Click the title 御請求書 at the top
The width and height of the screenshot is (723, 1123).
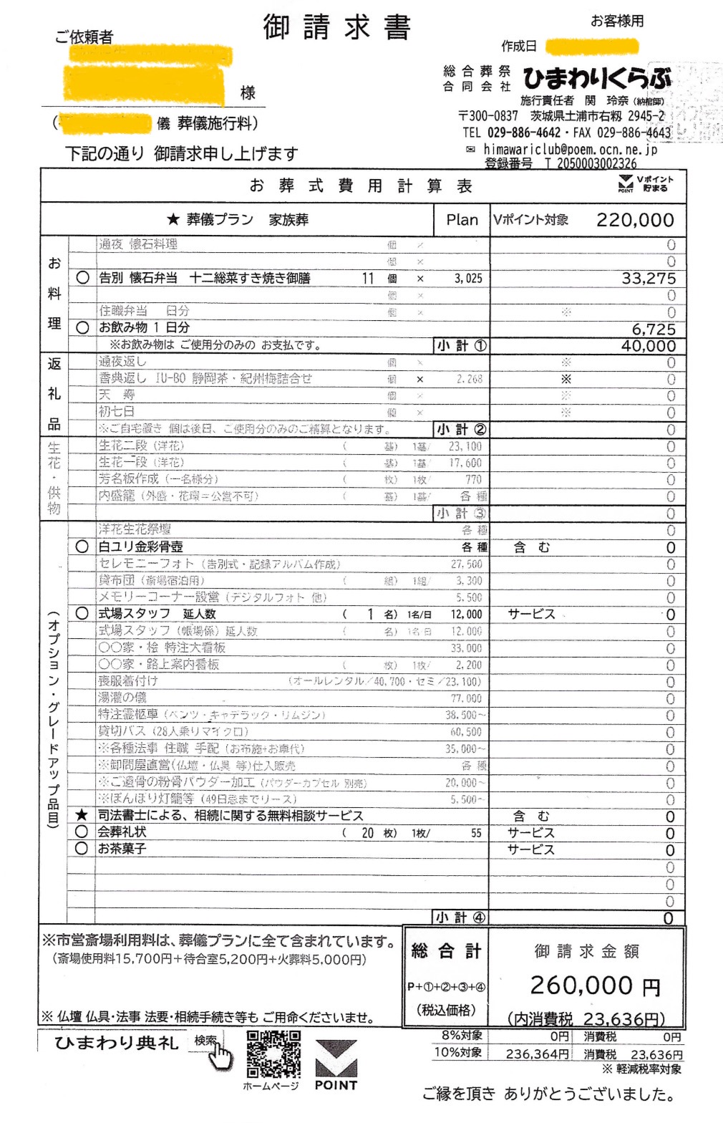(x=336, y=28)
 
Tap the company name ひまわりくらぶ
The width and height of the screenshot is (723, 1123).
(x=597, y=77)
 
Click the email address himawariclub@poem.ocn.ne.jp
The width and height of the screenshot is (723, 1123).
(x=570, y=149)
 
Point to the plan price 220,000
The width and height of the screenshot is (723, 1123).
(x=635, y=220)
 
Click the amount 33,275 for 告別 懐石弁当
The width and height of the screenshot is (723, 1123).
(x=649, y=279)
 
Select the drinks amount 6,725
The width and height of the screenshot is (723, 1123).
(x=654, y=329)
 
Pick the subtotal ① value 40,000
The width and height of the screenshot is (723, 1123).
(x=649, y=346)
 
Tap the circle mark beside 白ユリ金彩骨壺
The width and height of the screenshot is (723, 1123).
(x=82, y=547)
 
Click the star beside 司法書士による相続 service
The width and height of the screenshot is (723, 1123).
(x=82, y=815)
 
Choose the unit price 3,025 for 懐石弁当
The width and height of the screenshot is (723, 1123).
(x=468, y=279)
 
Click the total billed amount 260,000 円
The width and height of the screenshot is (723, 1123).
(x=594, y=985)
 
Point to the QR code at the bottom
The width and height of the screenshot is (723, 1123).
(x=273, y=1054)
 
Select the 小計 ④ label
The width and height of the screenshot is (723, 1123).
(x=461, y=917)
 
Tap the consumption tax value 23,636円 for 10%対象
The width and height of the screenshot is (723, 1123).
(x=656, y=1054)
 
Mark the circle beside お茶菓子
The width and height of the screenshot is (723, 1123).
(x=82, y=849)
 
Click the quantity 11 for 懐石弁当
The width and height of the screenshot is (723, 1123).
(x=368, y=279)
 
